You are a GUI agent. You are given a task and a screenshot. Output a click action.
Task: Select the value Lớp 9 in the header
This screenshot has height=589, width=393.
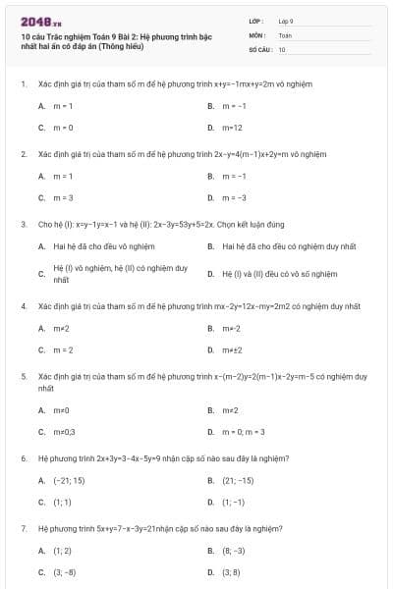[x=286, y=21]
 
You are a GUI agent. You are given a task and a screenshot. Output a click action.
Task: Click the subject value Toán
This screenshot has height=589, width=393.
[x=285, y=34]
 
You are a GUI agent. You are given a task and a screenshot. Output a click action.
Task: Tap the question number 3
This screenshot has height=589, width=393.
[x=23, y=224]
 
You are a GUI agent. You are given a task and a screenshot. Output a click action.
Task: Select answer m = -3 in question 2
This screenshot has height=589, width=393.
[x=236, y=197]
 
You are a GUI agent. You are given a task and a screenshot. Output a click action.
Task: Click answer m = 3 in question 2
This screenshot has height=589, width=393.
[x=63, y=197]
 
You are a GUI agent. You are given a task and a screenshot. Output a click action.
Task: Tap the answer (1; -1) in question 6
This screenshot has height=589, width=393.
[x=233, y=502]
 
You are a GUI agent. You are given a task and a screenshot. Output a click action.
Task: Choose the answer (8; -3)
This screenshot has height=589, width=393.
[x=234, y=551]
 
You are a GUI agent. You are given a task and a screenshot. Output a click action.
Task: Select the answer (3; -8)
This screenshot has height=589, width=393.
[x=65, y=571]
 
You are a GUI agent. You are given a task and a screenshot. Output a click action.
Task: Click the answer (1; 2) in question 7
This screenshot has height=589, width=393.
[x=62, y=551]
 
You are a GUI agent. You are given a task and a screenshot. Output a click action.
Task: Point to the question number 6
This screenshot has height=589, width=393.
[x=23, y=457]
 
